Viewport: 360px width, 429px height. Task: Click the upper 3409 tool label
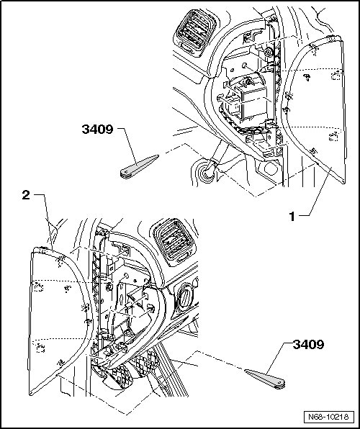97,129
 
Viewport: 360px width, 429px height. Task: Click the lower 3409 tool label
309,345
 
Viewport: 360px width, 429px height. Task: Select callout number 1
292,217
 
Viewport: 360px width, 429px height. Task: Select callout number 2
26,195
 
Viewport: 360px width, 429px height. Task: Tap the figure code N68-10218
328,417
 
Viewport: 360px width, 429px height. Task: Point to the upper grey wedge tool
139,166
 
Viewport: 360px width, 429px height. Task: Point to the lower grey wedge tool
265,379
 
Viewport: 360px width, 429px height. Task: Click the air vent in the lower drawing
174,243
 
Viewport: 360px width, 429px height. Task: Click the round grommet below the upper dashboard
206,172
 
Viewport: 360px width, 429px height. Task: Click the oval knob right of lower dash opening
185,299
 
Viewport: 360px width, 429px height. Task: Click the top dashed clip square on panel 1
336,75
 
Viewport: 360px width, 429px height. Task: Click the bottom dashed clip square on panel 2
40,348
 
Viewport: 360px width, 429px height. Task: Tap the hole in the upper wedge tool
125,172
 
